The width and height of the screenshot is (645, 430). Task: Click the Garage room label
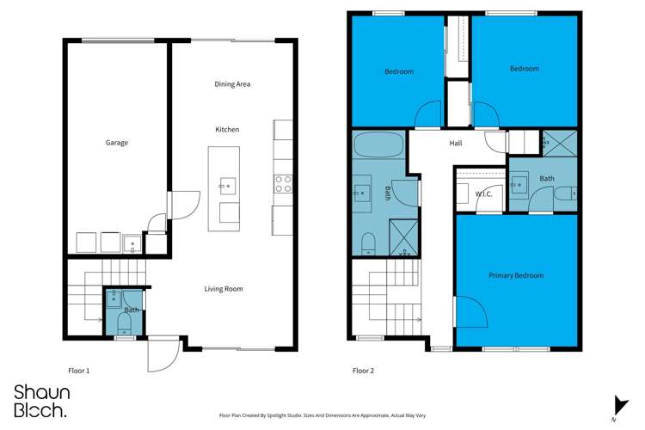point(117,143)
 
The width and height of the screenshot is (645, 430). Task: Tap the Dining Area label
point(232,84)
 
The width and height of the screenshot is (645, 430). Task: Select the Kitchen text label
point(227,129)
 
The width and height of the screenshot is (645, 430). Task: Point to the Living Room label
point(223,289)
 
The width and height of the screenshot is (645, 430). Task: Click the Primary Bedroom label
point(516,275)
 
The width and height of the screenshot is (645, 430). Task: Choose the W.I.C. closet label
point(483,194)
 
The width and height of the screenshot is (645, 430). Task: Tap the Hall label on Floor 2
point(456,144)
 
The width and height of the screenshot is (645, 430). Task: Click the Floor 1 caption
point(79,371)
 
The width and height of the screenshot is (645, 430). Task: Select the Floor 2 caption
point(363,371)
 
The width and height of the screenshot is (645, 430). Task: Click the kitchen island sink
point(227,185)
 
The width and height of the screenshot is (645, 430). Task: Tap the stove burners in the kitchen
point(283,182)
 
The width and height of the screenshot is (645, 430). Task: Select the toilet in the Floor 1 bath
point(124,323)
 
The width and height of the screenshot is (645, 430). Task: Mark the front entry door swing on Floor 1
point(163,355)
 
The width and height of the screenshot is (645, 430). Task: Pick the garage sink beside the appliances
point(132,242)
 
